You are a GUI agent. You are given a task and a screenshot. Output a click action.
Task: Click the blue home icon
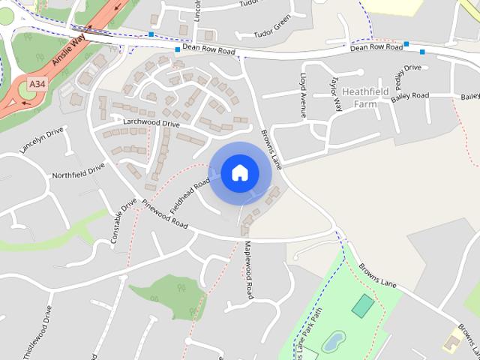click(240, 173)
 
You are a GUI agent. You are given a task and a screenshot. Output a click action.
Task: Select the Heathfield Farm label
click(368, 97)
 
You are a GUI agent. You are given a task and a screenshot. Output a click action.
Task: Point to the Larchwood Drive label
click(151, 122)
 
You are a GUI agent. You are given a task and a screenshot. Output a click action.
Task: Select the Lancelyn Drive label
click(41, 140)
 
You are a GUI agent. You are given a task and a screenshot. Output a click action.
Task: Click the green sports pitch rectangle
click(363, 305)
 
